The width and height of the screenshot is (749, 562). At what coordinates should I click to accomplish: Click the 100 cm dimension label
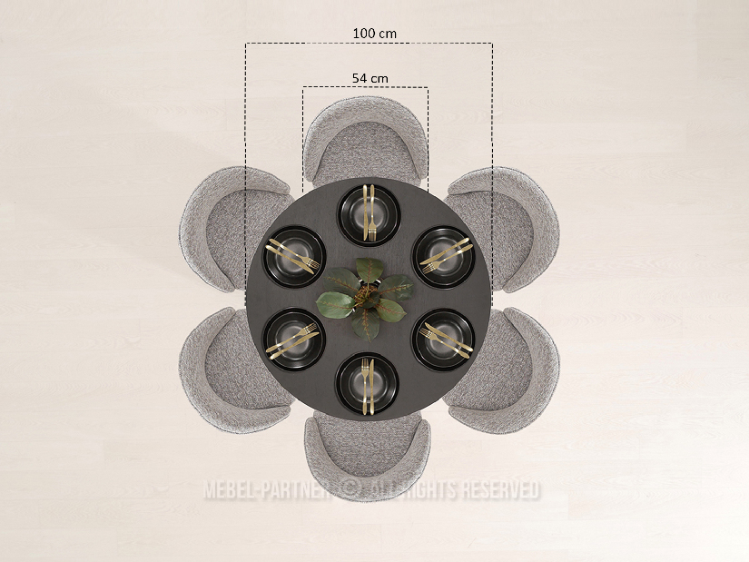[x=374, y=34]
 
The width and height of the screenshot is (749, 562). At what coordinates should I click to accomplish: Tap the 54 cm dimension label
[x=370, y=78]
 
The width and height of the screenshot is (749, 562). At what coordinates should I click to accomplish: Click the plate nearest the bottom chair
[x=367, y=384]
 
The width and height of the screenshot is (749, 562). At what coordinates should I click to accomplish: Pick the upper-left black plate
[x=294, y=257]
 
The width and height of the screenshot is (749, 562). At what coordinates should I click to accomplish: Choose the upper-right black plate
[x=444, y=257]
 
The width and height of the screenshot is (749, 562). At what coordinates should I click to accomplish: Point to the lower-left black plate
[x=294, y=340]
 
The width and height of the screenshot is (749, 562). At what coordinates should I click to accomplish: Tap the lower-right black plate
[x=444, y=340]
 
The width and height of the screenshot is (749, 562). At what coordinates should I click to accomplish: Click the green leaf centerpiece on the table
[x=365, y=300]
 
